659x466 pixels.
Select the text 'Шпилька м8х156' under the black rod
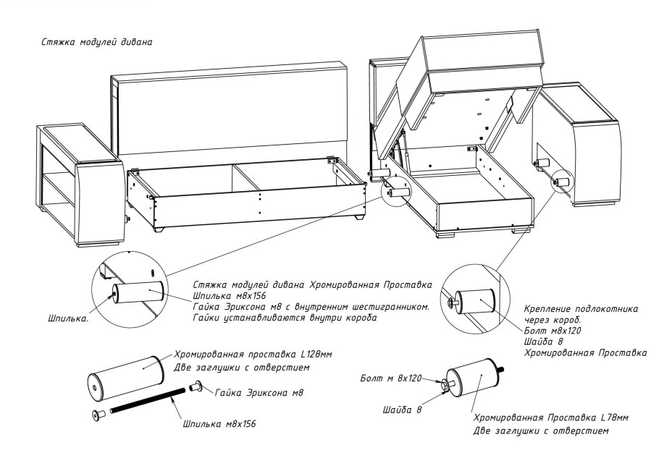click(x=217, y=423)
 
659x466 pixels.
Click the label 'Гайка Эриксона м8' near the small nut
click(x=259, y=392)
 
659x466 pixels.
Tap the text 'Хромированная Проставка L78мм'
click(x=550, y=418)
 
